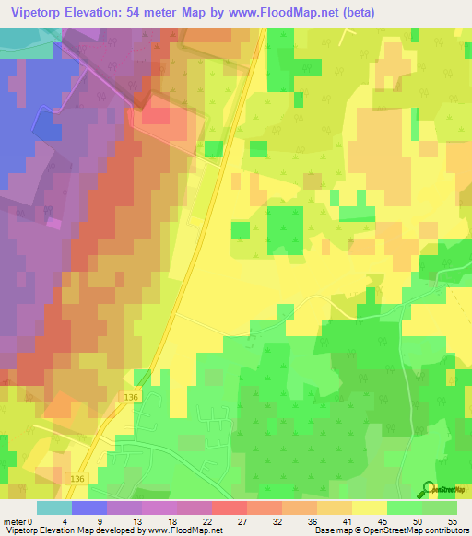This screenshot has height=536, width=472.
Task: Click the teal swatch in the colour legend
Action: (54, 507)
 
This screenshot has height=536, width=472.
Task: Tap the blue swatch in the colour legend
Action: (89, 507)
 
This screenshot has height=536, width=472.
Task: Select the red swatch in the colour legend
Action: (230, 507)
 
